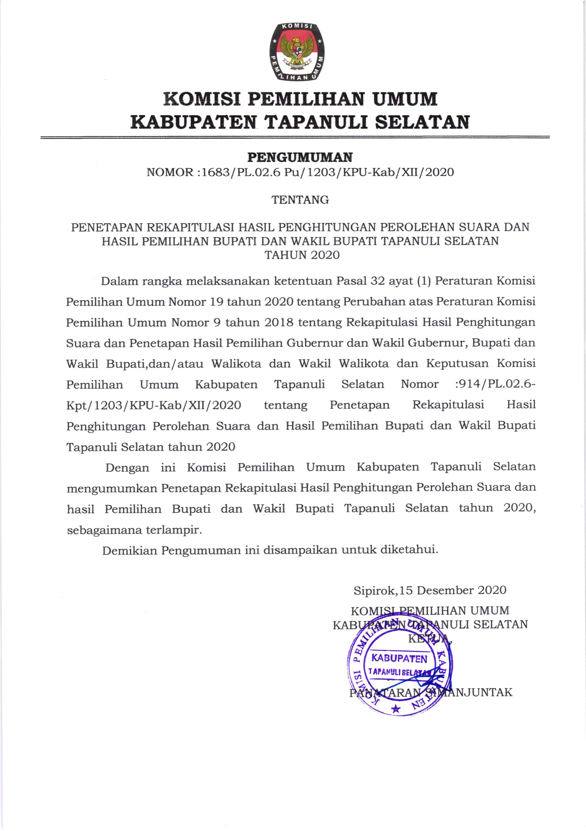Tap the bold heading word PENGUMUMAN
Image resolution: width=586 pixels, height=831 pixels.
pyautogui.click(x=300, y=157)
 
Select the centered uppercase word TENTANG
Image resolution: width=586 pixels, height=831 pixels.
pyautogui.click(x=300, y=200)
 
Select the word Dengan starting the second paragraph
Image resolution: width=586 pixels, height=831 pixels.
pyautogui.click(x=127, y=468)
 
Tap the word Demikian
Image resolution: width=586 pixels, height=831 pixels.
pyautogui.click(x=129, y=550)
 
